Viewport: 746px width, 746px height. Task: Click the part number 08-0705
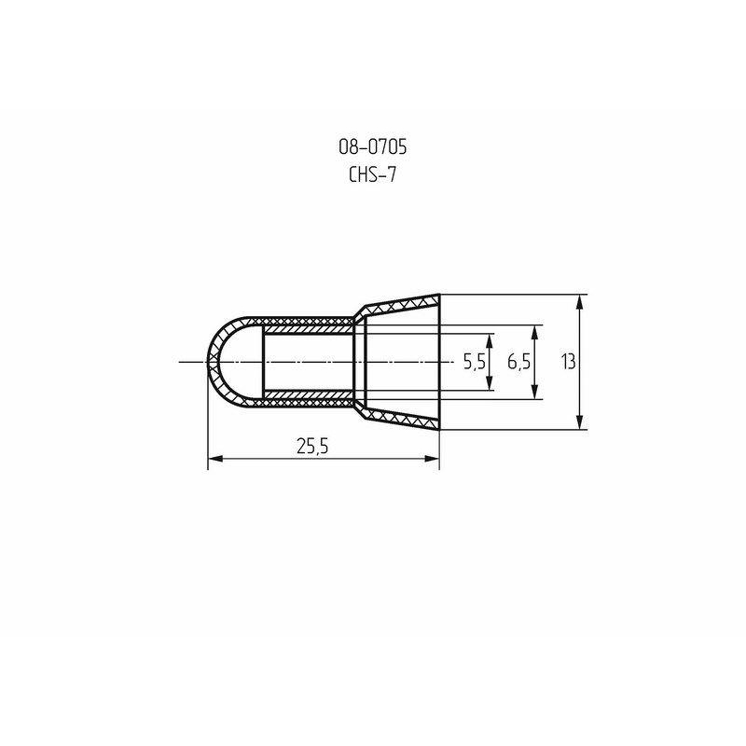pos(372,146)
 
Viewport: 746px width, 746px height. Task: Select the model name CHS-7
pos(372,173)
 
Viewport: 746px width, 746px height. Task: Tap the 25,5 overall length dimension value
pos(312,446)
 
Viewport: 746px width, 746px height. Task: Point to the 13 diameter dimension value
pos(568,362)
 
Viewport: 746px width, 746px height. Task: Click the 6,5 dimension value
pos(519,362)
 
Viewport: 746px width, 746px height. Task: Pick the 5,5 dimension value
pos(475,362)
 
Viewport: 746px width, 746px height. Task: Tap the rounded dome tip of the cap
pos(211,362)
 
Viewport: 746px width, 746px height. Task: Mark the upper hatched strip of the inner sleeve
pos(308,329)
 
